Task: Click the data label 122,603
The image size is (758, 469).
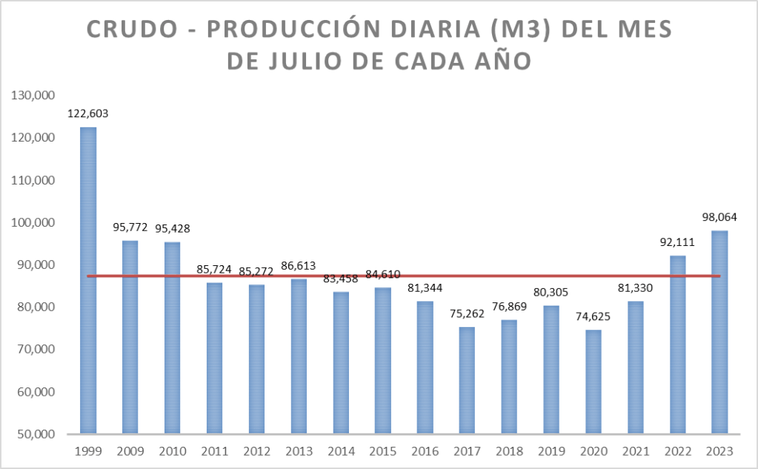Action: tap(89, 114)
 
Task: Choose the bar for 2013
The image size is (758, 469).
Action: tap(299, 356)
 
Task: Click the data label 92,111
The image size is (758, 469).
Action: tap(677, 242)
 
